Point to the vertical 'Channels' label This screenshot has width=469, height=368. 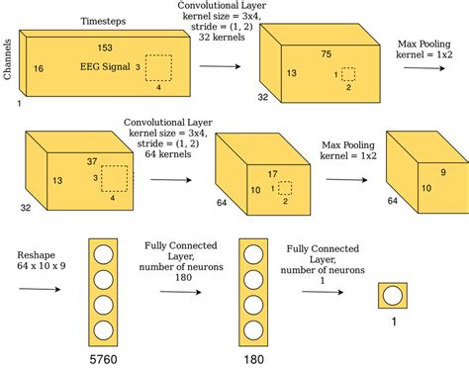(x=7, y=57)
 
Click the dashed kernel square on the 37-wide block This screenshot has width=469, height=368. (x=115, y=179)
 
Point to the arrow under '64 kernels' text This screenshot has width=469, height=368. (x=175, y=181)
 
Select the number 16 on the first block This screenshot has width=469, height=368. (x=38, y=68)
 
